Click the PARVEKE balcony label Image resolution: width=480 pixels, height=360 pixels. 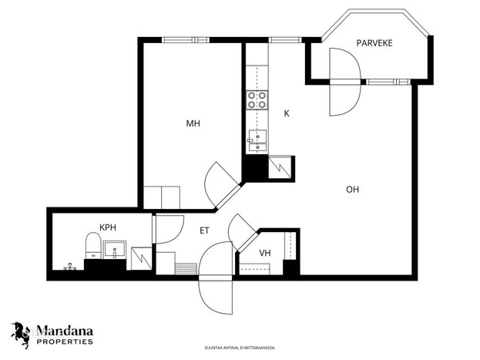click(x=374, y=43)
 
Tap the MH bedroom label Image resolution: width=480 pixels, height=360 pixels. click(x=193, y=123)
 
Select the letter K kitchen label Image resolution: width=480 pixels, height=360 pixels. click(x=287, y=113)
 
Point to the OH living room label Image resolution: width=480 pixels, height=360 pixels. click(x=352, y=190)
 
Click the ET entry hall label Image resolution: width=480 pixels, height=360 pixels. click(x=204, y=230)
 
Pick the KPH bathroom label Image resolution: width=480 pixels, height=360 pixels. click(x=108, y=227)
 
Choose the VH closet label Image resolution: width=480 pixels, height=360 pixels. click(x=265, y=253)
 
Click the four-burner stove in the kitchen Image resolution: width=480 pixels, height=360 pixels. click(x=257, y=100)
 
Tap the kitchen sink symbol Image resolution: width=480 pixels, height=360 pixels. click(x=257, y=140)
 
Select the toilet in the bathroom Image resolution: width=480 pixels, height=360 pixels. click(x=93, y=246)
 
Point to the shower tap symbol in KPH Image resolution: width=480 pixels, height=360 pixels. click(x=70, y=267)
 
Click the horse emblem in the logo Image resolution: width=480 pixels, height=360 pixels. click(x=21, y=335)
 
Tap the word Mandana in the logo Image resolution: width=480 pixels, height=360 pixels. click(x=65, y=331)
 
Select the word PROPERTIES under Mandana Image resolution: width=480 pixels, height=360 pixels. click(x=65, y=341)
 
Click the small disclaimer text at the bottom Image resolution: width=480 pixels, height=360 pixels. click(x=240, y=348)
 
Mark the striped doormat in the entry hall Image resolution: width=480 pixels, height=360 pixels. click(x=185, y=269)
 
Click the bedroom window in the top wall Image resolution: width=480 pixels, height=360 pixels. click(x=186, y=40)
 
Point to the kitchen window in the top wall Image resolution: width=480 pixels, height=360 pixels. click(x=285, y=40)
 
